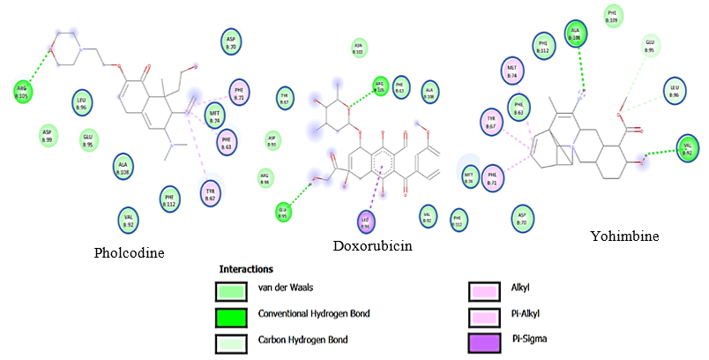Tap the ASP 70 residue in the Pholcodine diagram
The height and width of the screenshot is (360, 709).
(x=232, y=42)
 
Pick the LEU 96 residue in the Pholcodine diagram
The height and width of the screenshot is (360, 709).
(x=81, y=101)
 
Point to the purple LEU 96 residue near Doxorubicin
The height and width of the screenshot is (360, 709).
(x=365, y=220)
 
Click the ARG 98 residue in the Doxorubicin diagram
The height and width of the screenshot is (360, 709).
(x=264, y=177)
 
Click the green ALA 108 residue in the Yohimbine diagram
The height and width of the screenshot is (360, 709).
(x=577, y=34)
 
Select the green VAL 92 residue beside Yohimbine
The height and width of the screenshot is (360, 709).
(x=687, y=146)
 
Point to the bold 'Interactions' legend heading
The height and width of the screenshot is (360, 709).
(x=246, y=268)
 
